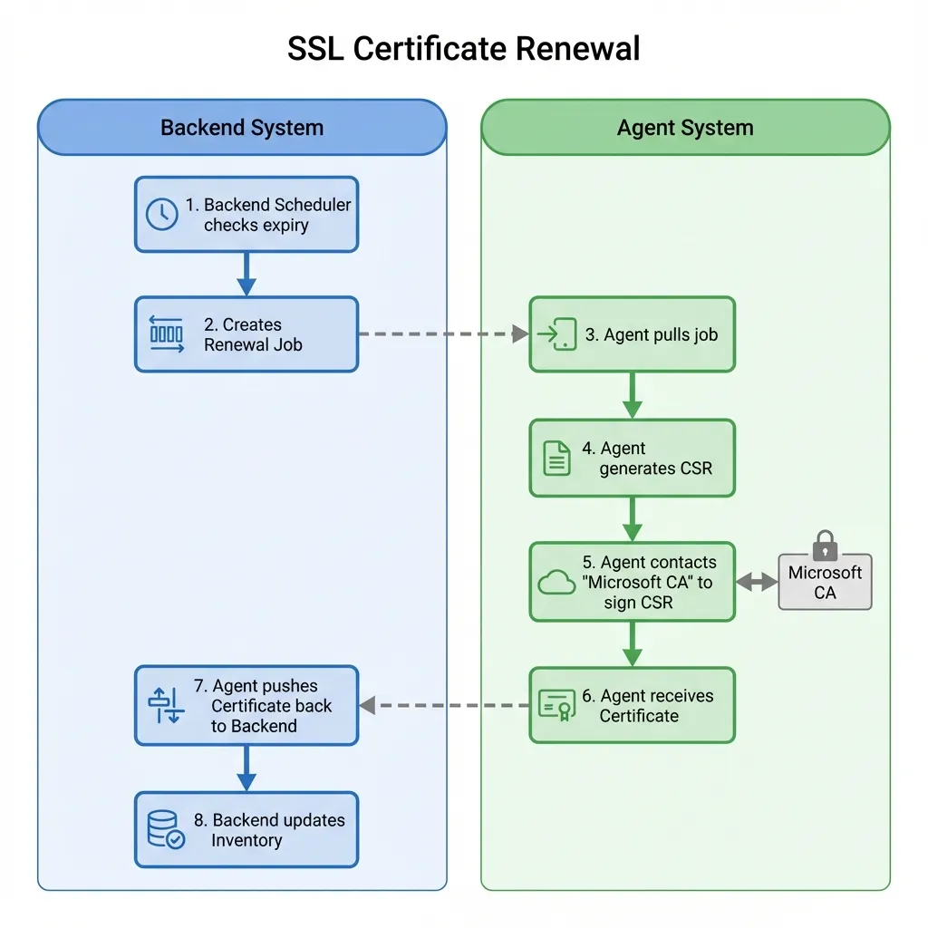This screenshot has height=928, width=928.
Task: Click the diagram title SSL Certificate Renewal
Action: (x=463, y=49)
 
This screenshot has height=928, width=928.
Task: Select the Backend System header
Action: (x=242, y=128)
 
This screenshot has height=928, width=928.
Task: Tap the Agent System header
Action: (x=685, y=128)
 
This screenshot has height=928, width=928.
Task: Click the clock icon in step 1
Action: (x=162, y=215)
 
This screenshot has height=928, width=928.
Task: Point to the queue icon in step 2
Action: (x=166, y=334)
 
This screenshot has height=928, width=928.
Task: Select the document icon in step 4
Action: (x=556, y=458)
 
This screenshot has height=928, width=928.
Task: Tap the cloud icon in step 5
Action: (x=556, y=583)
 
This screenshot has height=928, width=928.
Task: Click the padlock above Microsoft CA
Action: (x=825, y=546)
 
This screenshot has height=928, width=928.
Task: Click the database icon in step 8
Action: (x=165, y=829)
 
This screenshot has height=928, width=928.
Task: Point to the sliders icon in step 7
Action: (x=166, y=705)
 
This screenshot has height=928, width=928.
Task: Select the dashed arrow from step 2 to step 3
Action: (x=443, y=334)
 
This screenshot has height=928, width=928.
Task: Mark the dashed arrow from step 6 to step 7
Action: (x=443, y=705)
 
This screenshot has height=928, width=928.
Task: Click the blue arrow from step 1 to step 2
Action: (x=246, y=274)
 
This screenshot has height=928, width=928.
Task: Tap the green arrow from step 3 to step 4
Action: (x=633, y=395)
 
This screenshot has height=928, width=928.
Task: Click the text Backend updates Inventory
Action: (x=277, y=830)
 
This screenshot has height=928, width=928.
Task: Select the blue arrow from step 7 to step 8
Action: (x=246, y=768)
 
